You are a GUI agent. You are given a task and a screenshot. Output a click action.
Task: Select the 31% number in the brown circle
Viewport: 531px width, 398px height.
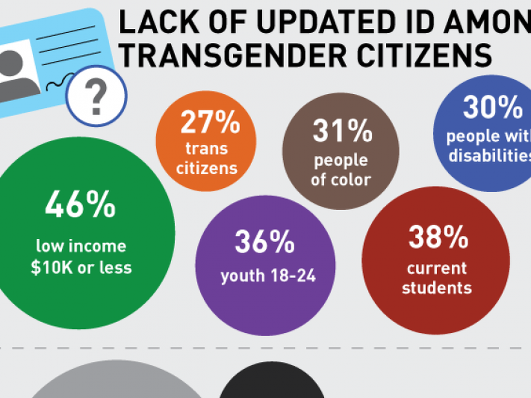coord(342,131)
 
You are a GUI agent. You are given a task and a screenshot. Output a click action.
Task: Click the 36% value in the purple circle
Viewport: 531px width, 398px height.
coord(265,241)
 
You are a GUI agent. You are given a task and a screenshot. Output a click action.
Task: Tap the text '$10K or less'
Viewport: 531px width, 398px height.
coord(81,268)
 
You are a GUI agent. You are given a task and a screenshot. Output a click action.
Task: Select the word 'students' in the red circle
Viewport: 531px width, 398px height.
coord(437,288)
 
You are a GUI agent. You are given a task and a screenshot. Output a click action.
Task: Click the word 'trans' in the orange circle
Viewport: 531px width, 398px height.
coord(206,149)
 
